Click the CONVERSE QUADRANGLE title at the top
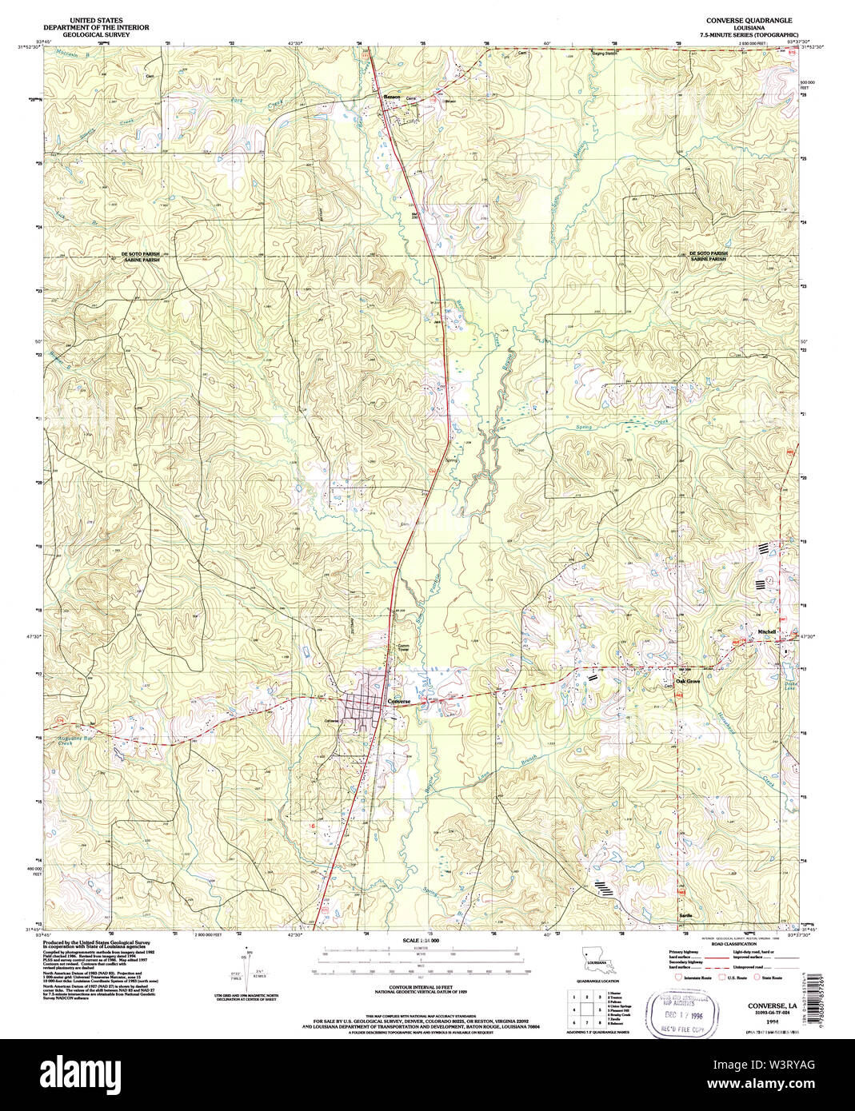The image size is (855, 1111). pyautogui.click(x=737, y=18)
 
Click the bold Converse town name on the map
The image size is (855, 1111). pyautogui.click(x=398, y=702)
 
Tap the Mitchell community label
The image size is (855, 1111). pyautogui.click(x=767, y=631)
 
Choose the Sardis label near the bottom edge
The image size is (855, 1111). pyautogui.click(x=685, y=914)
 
